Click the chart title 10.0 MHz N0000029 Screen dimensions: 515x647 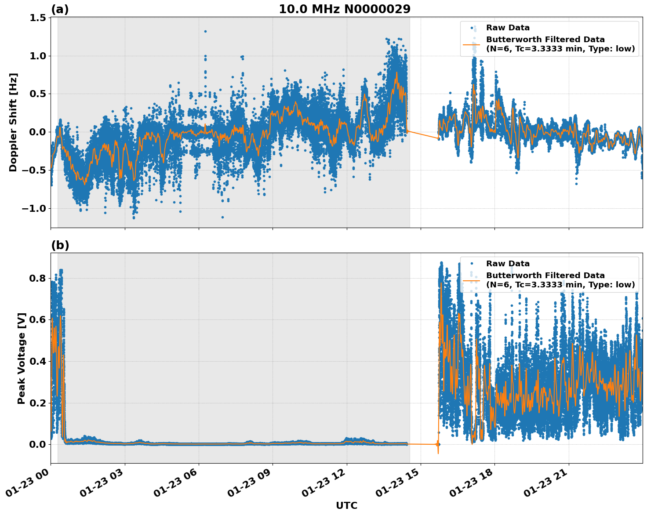point(345,9)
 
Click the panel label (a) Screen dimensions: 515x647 point(60,9)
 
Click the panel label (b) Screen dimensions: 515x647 point(60,245)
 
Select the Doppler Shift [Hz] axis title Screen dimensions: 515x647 point(13,122)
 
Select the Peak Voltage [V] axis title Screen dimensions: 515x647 point(22,358)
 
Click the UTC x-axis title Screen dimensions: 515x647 point(346,505)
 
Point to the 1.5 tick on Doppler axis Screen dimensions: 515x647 point(38,18)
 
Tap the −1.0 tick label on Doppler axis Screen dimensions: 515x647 point(34,208)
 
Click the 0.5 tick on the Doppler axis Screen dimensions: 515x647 point(38,94)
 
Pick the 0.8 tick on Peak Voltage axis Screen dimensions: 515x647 point(38,278)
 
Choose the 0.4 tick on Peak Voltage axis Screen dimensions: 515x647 point(38,361)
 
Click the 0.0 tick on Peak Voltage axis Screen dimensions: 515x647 point(38,444)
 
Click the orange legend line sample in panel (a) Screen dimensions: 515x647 point(472,44)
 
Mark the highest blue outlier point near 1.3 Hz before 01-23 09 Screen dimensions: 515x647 point(205,31)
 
